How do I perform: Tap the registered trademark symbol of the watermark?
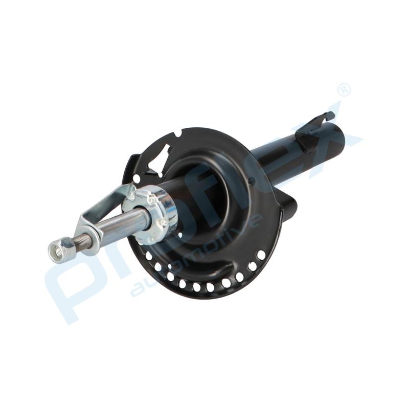(x=344, y=90)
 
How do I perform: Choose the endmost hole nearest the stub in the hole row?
(x=261, y=254)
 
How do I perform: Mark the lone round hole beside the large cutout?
(x=137, y=178)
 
